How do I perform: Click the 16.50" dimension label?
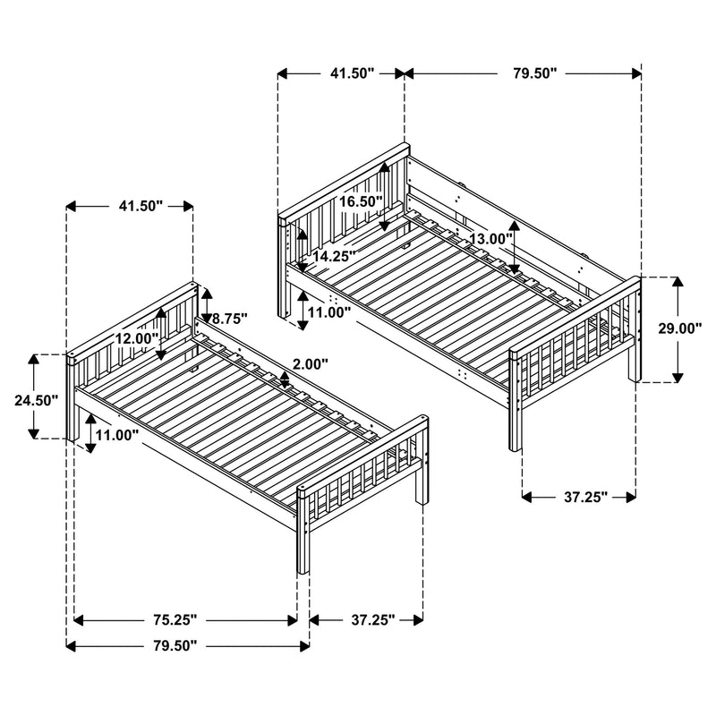pyautogui.click(x=361, y=202)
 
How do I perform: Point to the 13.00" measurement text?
pyautogui.click(x=490, y=239)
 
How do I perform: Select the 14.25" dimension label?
pyautogui.click(x=334, y=256)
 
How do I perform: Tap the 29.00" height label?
pyautogui.click(x=680, y=328)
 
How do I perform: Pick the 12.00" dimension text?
pyautogui.click(x=136, y=338)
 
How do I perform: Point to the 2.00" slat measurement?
pyautogui.click(x=310, y=364)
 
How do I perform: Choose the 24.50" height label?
pyautogui.click(x=36, y=400)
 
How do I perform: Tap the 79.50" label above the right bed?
pyautogui.click(x=524, y=73)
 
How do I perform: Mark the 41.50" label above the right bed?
pyautogui.click(x=341, y=73)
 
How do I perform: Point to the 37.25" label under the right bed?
pyautogui.click(x=578, y=496)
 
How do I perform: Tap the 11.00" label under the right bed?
pyautogui.click(x=329, y=312)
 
